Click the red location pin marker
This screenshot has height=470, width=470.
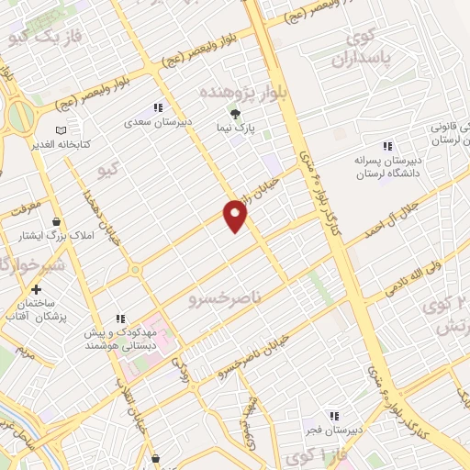coord(236,216)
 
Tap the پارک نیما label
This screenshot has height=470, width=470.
coord(235,129)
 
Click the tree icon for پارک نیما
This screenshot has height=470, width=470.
coord(235,114)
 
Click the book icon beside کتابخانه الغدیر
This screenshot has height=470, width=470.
coord(62,131)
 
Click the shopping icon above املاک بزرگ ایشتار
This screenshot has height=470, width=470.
coord(57,221)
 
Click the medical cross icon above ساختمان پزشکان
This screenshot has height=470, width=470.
coord(36,289)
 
